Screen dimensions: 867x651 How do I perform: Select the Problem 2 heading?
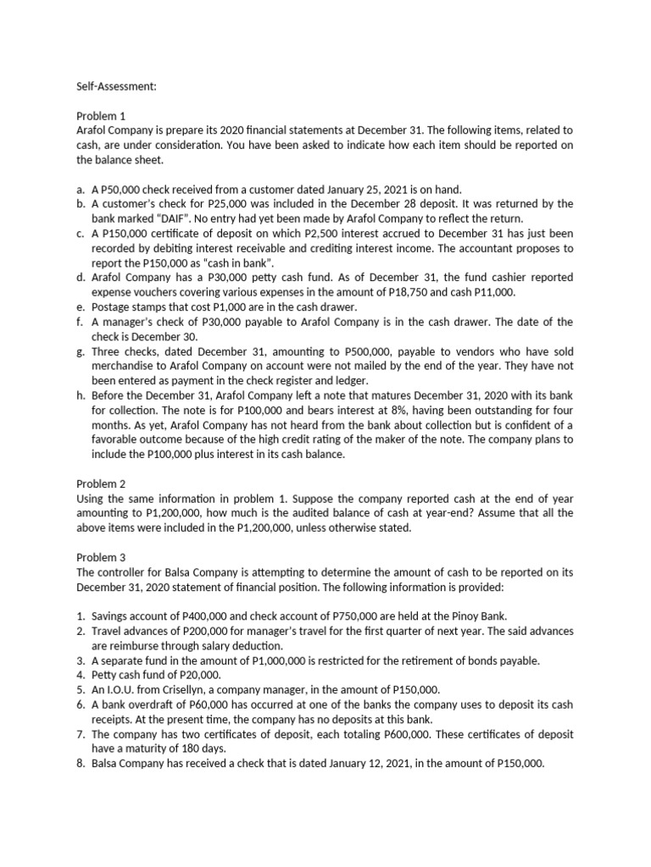coord(101,483)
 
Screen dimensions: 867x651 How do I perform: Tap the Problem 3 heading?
coord(101,557)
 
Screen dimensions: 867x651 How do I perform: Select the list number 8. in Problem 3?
coord(81,763)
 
